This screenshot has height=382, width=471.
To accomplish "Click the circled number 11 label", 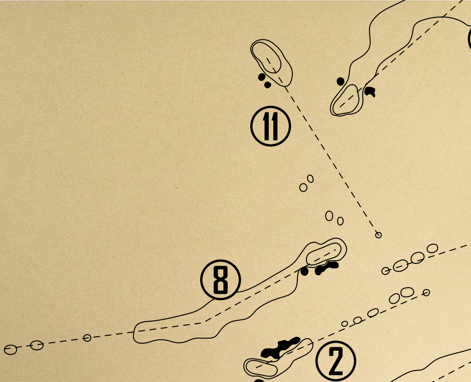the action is click(x=270, y=126).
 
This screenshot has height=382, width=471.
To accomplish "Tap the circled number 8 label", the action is click(x=220, y=280).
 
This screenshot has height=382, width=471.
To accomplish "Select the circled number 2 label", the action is click(x=336, y=361).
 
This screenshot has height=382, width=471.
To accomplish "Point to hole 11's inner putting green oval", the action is click(x=267, y=57).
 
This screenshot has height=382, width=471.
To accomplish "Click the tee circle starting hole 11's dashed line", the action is click(x=378, y=235).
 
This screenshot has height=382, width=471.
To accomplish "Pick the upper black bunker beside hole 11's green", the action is click(x=262, y=77).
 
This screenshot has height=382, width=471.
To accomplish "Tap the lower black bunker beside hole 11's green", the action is click(x=267, y=85).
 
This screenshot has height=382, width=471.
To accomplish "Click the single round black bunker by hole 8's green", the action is click(x=304, y=272).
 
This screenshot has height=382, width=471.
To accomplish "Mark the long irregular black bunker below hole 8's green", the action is click(x=326, y=268).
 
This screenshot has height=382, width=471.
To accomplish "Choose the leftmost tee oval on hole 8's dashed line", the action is click(x=10, y=350).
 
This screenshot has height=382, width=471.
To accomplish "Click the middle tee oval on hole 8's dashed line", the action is click(x=37, y=345).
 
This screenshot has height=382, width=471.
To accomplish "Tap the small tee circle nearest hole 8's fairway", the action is click(x=87, y=338).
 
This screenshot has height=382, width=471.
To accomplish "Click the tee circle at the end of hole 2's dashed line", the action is click(x=426, y=293).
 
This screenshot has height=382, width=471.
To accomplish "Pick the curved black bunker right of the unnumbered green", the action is click(x=370, y=91).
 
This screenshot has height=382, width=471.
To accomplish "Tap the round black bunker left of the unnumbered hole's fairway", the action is click(x=340, y=81).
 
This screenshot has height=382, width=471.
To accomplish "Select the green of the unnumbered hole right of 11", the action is click(x=345, y=100).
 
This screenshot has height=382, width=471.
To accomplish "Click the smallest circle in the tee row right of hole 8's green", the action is click(x=386, y=271).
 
